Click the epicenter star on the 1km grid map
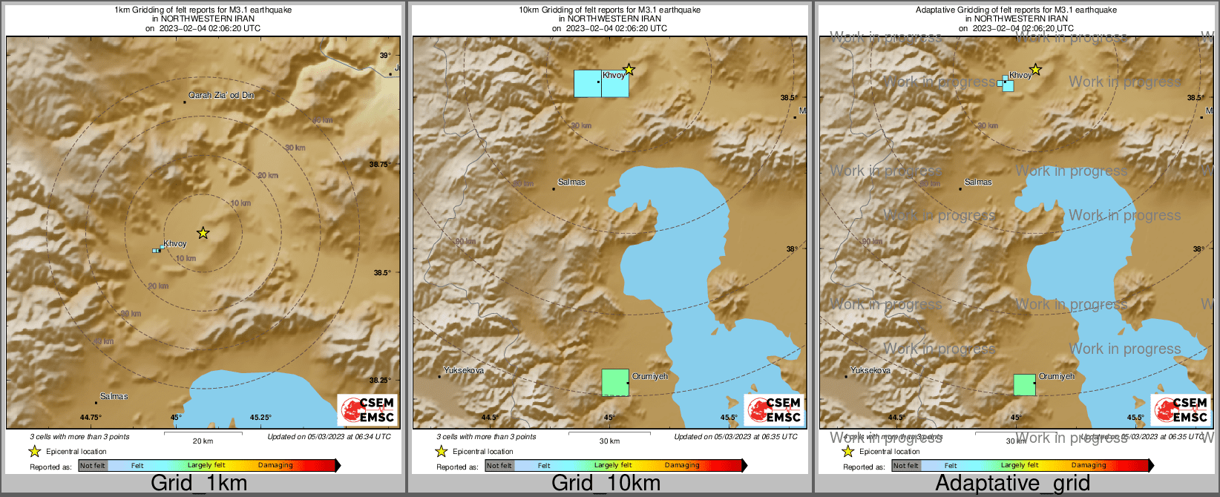203,233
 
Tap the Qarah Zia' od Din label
221,96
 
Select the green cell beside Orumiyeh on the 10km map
615,383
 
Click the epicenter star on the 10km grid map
629,70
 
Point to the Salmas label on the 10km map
571,182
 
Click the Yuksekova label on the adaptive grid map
870,370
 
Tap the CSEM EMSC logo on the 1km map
367,409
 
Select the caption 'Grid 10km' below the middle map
606,484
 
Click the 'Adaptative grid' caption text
1012,484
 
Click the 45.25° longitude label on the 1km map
260,418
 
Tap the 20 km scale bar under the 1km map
203,433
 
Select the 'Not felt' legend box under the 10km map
499,466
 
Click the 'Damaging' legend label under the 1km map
275,466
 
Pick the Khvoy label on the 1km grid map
175,243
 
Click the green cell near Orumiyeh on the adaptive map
1025,385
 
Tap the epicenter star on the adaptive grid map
1035,70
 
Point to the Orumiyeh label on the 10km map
650,377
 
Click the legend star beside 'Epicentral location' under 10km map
441,451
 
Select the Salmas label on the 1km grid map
114,397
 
